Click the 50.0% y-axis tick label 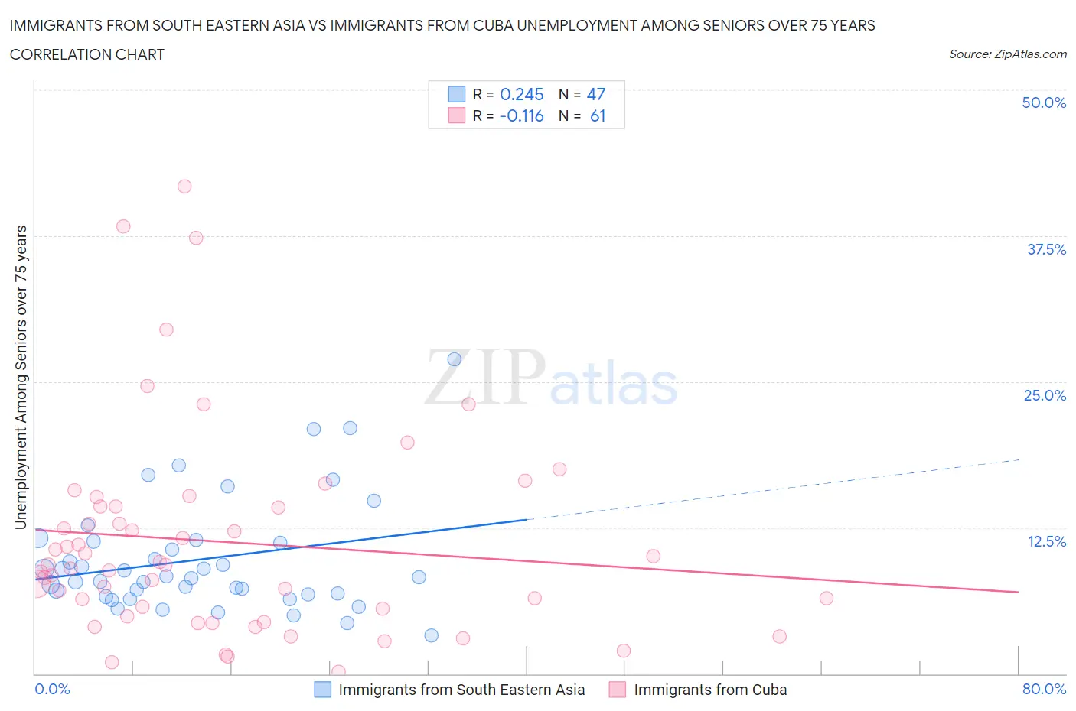pos(1043,102)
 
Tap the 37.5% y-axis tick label pos(1045,249)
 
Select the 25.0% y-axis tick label pos(1045,395)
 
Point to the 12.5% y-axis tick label pos(1045,541)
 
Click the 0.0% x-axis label pos(52,689)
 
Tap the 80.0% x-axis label pos(1043,689)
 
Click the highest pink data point pos(184,187)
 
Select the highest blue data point pos(455,359)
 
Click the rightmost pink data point pos(826,598)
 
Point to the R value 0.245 pos(521,94)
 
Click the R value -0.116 pos(521,115)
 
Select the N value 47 pos(595,94)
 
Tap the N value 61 pos(597,115)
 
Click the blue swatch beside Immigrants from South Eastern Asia pos(323,690)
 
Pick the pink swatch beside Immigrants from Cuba pos(618,690)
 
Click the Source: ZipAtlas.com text pos(1007,54)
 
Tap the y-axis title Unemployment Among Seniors pos(21,377)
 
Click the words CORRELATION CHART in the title pos(86,54)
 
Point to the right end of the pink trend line pos(1018,592)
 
